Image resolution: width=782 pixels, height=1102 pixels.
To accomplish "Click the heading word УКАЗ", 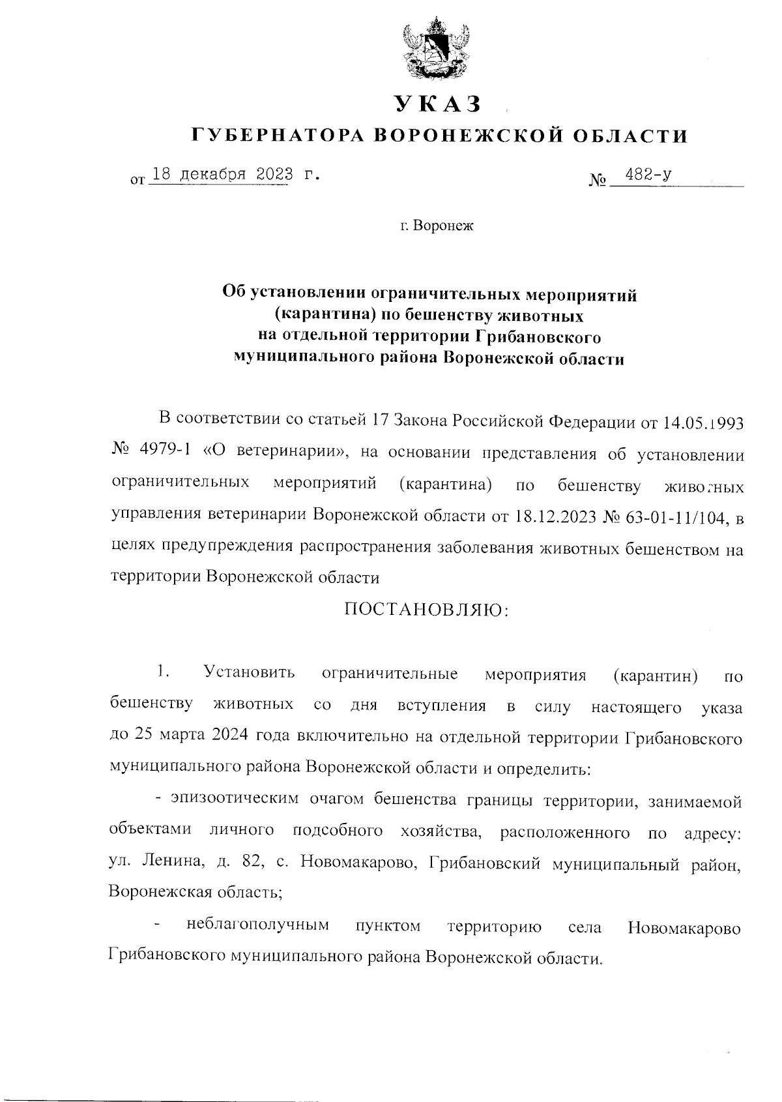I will coord(437,104).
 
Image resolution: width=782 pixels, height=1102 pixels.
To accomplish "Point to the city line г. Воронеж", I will coord(437,227).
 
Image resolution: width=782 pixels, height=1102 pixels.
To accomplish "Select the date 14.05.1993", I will coord(702,421).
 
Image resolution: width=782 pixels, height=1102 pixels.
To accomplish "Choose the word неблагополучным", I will coord(257,925).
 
